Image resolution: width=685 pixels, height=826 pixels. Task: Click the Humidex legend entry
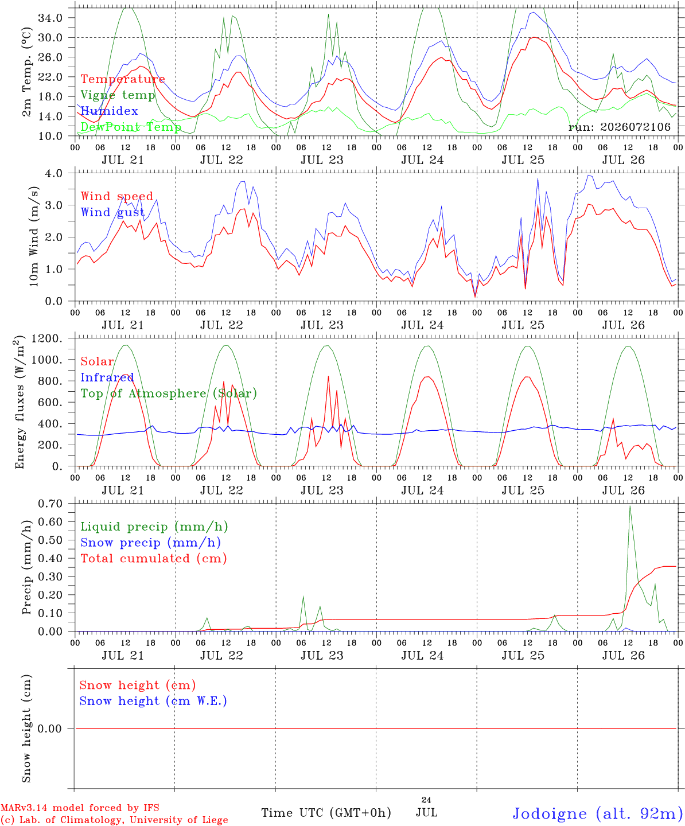tap(109, 111)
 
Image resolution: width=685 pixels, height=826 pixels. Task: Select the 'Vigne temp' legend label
tap(118, 95)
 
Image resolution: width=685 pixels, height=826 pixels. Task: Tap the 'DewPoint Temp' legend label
tap(131, 127)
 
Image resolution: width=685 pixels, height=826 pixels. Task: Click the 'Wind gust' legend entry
tap(112, 212)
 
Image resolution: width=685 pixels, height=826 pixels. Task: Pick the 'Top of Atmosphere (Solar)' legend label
tap(169, 393)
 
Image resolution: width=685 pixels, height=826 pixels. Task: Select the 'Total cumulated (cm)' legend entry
tap(154, 558)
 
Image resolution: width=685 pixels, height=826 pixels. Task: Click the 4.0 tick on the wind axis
tap(53, 173)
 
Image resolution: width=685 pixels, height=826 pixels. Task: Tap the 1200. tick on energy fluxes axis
tap(47, 338)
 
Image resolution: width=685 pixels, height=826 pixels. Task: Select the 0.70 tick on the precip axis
tap(50, 504)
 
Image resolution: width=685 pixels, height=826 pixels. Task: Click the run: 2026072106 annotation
tap(619, 127)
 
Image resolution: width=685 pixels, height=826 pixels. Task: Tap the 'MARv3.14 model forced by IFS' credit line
tap(80, 808)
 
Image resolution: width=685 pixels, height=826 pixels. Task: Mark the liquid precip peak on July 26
tap(629, 506)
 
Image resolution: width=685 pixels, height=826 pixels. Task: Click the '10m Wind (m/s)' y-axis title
tap(34, 236)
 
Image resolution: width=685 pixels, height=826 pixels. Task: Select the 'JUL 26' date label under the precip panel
tap(623, 655)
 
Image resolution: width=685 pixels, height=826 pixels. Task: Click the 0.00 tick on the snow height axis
tap(50, 728)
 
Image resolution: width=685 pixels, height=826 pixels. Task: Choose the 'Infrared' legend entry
tap(107, 377)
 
